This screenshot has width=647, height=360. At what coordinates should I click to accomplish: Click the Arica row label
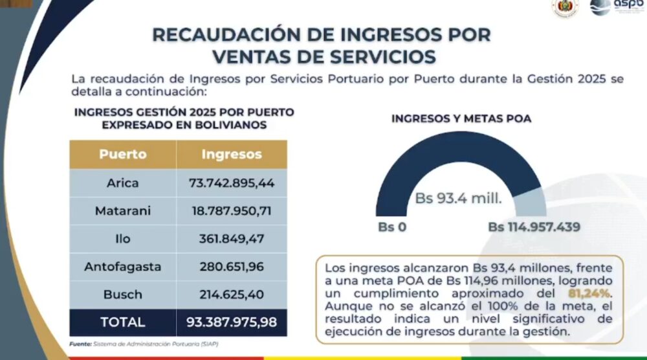tap(122, 183)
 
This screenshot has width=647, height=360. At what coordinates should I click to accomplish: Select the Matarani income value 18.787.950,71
tap(232, 211)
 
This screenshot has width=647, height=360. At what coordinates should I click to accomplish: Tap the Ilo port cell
tap(122, 239)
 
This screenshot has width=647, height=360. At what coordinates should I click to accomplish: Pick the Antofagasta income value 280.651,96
tap(232, 267)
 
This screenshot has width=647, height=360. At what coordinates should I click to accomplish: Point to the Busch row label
tap(122, 294)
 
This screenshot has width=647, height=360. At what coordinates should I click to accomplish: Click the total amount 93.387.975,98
tap(232, 322)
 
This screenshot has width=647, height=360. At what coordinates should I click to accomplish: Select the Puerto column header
tap(122, 155)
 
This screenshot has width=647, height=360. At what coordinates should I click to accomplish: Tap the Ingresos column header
tap(232, 155)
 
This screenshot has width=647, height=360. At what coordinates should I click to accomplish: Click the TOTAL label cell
tap(122, 322)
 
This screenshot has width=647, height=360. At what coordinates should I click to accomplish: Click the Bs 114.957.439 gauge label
tap(534, 227)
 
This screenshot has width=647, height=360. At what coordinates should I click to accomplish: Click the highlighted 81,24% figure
tap(590, 293)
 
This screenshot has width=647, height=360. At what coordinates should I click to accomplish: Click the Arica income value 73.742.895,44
tap(232, 183)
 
